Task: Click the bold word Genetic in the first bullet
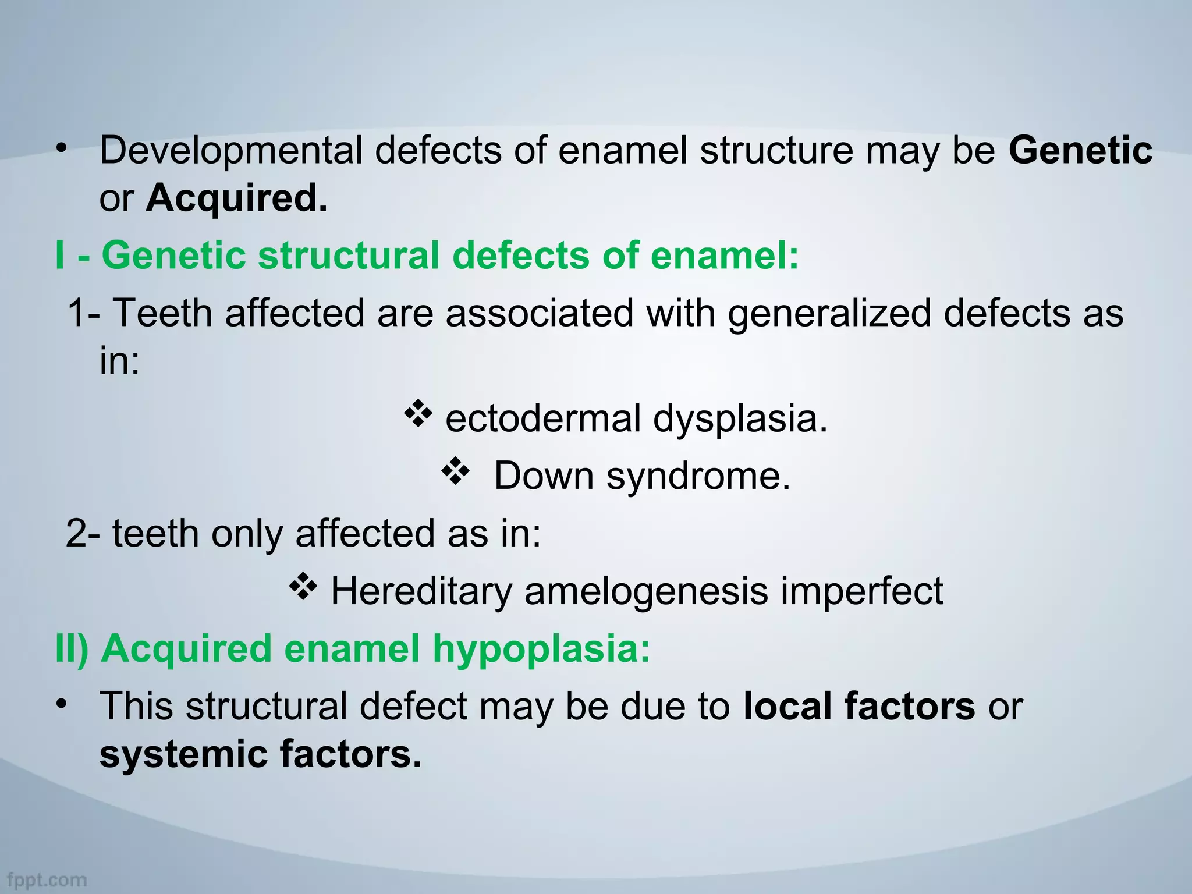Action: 1080,151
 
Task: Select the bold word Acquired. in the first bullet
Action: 236,198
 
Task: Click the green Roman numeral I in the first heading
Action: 59,256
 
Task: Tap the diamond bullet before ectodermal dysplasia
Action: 417,414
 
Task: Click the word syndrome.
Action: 698,477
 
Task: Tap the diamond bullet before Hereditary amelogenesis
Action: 303,587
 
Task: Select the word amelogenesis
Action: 646,592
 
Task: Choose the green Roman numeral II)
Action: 72,648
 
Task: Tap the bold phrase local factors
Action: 858,707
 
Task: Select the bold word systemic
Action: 183,754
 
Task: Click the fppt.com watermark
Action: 47,880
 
